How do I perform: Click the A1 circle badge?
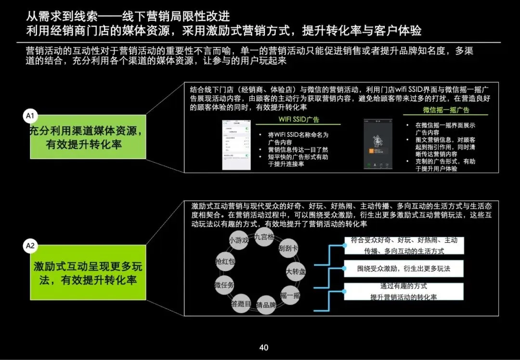point(30,116)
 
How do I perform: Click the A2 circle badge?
point(30,246)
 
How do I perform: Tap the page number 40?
point(263,347)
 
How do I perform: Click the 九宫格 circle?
point(264,237)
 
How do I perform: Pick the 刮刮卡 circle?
point(288,249)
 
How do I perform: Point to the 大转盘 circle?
point(295,271)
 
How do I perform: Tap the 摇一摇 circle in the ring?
point(290,295)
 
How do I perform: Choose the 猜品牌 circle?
point(266,305)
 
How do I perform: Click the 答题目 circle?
point(241,304)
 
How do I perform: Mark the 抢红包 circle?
point(225,261)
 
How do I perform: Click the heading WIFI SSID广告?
point(299,120)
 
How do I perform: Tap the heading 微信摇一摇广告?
point(446,110)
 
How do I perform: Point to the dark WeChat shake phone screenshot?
point(377,144)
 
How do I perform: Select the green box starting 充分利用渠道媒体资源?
point(88,137)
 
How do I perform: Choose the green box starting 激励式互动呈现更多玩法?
point(88,273)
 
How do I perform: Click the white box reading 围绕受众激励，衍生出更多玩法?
point(403,269)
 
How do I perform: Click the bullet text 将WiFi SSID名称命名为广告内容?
point(298,138)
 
